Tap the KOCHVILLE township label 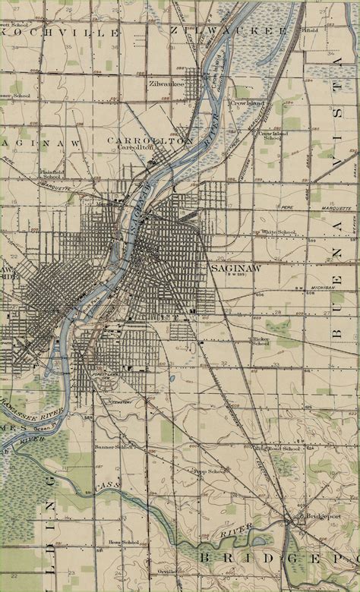[61, 33]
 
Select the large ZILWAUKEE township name [229, 30]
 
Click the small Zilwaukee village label [166, 83]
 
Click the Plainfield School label [51, 174]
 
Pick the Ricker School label [261, 340]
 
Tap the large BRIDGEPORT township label [277, 558]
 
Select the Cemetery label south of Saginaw [122, 401]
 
